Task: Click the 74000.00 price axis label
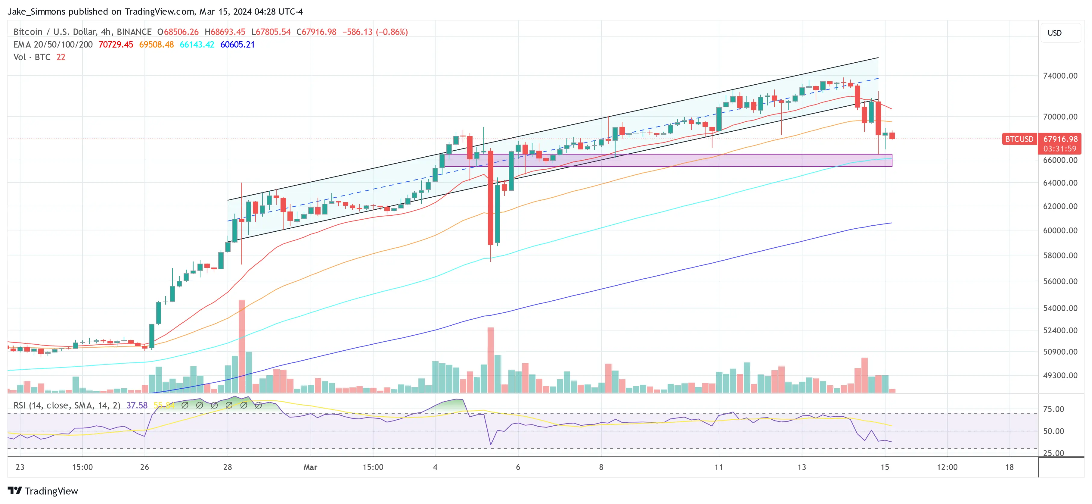coord(1060,76)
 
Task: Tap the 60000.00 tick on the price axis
coord(1060,230)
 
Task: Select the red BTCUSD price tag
coord(1019,139)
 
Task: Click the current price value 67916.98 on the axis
coord(1060,139)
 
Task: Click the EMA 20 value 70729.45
coord(116,45)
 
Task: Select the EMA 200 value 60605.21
coord(237,45)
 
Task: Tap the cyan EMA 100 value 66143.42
coord(197,45)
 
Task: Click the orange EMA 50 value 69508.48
coord(157,45)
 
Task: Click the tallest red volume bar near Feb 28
coord(242,346)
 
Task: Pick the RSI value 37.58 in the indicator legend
coord(137,405)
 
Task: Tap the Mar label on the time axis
coord(310,467)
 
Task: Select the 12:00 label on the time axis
coord(947,467)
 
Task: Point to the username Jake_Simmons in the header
coord(37,11)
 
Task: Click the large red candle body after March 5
coord(491,197)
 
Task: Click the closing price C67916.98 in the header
coord(316,32)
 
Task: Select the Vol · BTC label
coord(32,57)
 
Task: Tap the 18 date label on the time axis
coord(1009,467)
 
